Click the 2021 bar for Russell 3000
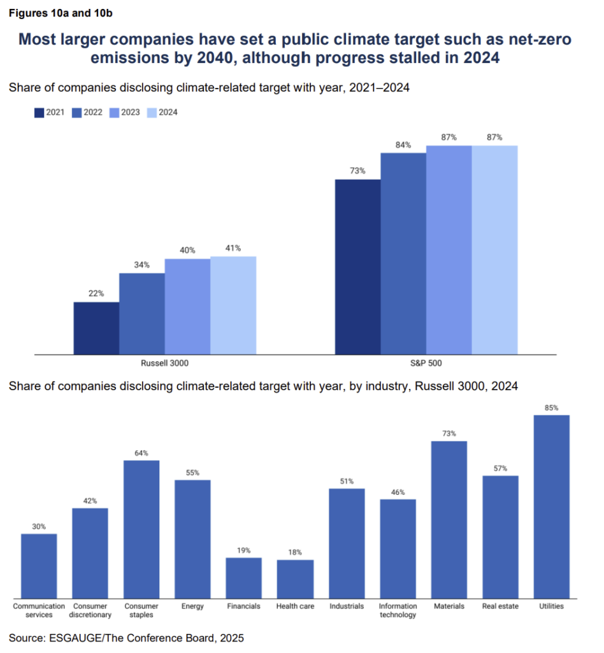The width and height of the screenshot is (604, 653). pyautogui.click(x=96, y=328)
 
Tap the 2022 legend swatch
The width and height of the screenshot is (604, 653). pyautogui.click(x=76, y=112)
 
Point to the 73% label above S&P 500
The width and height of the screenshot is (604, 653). pyautogui.click(x=357, y=171)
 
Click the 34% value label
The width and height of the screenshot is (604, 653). pyautogui.click(x=142, y=265)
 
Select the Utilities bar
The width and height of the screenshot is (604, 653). pyautogui.click(x=551, y=506)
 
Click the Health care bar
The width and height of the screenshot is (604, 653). pyautogui.click(x=295, y=578)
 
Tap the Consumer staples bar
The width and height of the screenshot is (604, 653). pyautogui.click(x=141, y=529)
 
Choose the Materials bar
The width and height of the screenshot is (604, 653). pyautogui.click(x=449, y=519)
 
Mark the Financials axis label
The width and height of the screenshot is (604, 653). pyautogui.click(x=244, y=606)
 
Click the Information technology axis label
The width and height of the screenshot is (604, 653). pyautogui.click(x=398, y=610)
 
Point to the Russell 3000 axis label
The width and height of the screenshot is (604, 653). pyautogui.click(x=165, y=363)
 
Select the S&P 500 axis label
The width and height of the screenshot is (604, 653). pyautogui.click(x=426, y=363)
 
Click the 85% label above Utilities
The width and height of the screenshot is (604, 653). pyautogui.click(x=552, y=407)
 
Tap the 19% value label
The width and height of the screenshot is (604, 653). pyautogui.click(x=244, y=550)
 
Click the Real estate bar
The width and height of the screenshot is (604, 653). pyautogui.click(x=500, y=536)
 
